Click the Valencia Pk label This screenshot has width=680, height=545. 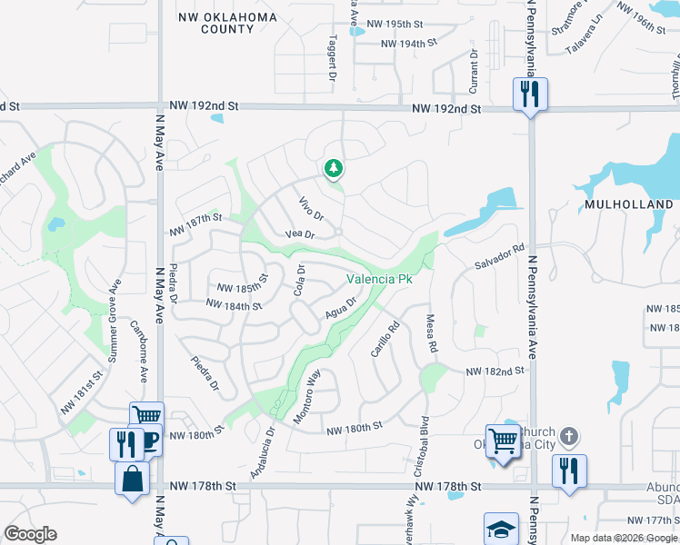[x=378, y=279]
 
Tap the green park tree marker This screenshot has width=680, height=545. [x=334, y=168]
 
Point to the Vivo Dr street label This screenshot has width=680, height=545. [x=312, y=209]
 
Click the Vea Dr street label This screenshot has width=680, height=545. [x=299, y=234]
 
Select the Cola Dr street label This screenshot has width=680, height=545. [x=298, y=281]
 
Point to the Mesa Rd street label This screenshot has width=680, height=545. [x=433, y=333]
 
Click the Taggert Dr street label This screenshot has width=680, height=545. [x=333, y=56]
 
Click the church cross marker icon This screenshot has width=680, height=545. [x=569, y=437]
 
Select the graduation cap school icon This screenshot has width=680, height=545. [x=501, y=529]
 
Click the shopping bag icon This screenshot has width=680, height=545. [x=132, y=478]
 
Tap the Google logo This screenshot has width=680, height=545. [x=30, y=534]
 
